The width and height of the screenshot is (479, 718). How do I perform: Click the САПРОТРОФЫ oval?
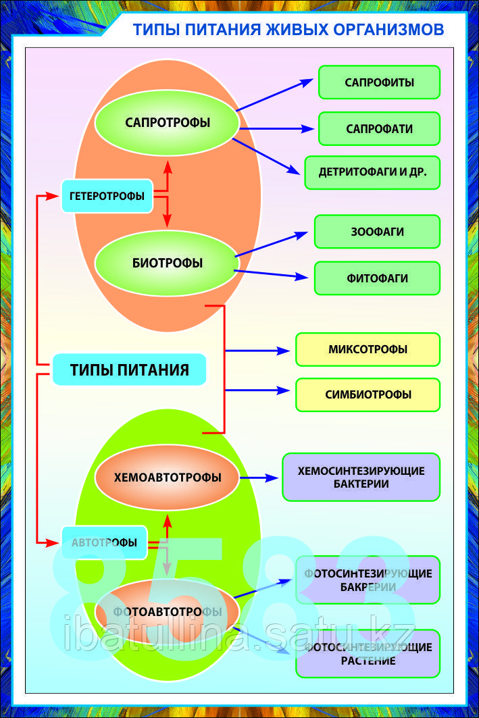pyautogui.click(x=168, y=122)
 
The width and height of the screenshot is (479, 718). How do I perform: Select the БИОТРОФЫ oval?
pyautogui.click(x=168, y=263)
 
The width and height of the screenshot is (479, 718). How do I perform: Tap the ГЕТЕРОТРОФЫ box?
pyautogui.click(x=107, y=196)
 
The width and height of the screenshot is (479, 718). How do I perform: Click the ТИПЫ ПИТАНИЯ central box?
pyautogui.click(x=129, y=369)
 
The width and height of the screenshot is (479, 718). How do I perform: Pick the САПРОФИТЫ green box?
pyautogui.click(x=379, y=82)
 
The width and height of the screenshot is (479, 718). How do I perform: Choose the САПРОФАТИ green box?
pyautogui.click(x=379, y=128)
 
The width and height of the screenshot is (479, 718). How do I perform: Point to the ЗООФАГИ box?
pyautogui.click(x=377, y=232)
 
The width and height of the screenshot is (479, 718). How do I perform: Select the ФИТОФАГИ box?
pyautogui.click(x=377, y=278)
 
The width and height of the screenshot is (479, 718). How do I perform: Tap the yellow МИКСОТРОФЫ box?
pyautogui.click(x=368, y=349)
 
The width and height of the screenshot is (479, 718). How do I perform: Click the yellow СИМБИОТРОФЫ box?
pyautogui.click(x=368, y=394)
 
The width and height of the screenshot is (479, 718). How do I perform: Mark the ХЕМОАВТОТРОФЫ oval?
pyautogui.click(x=168, y=477)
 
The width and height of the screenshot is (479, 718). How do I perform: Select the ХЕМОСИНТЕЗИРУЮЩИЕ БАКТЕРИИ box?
pyautogui.click(x=361, y=477)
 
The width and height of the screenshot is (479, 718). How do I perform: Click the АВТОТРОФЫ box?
pyautogui.click(x=104, y=542)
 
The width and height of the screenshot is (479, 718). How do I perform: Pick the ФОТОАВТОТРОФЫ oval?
pyautogui.click(x=168, y=611)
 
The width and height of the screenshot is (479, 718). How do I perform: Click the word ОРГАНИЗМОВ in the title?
pyautogui.click(x=388, y=30)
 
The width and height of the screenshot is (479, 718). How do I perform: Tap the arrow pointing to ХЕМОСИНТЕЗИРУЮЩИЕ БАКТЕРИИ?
pyautogui.click(x=259, y=478)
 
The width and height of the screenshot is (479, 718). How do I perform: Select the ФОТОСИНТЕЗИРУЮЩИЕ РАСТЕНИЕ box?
pyautogui.click(x=368, y=653)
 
